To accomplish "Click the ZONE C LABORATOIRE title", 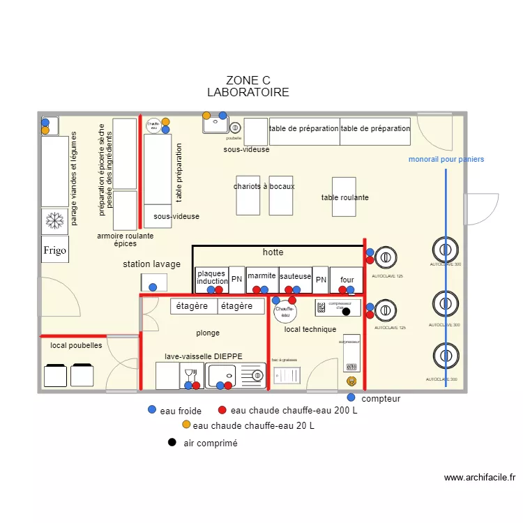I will coord(248,86).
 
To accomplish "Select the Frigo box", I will coord(55,250).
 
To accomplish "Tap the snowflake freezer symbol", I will coord(54,221).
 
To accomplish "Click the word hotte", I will coord(273,252).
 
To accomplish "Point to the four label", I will coord(347,280).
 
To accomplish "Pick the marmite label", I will coord(261,276).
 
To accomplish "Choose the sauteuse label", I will coord(295,276).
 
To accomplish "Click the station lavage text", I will coord(151,264).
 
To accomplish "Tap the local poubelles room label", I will coord(76,345).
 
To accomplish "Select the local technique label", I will coord(310,329).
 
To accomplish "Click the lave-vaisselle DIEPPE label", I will coord(204,356).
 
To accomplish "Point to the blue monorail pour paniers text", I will coord(446,160).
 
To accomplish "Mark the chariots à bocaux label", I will coord(264,186).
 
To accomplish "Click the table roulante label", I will coord(344,197).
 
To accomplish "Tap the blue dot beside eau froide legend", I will coord(152,410).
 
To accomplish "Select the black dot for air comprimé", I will coord(172,442).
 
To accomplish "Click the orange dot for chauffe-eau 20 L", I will coord(185,425).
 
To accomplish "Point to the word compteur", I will coord(381,399).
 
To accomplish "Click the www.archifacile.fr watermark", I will coord(480,478).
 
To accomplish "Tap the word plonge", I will coord(208,333).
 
